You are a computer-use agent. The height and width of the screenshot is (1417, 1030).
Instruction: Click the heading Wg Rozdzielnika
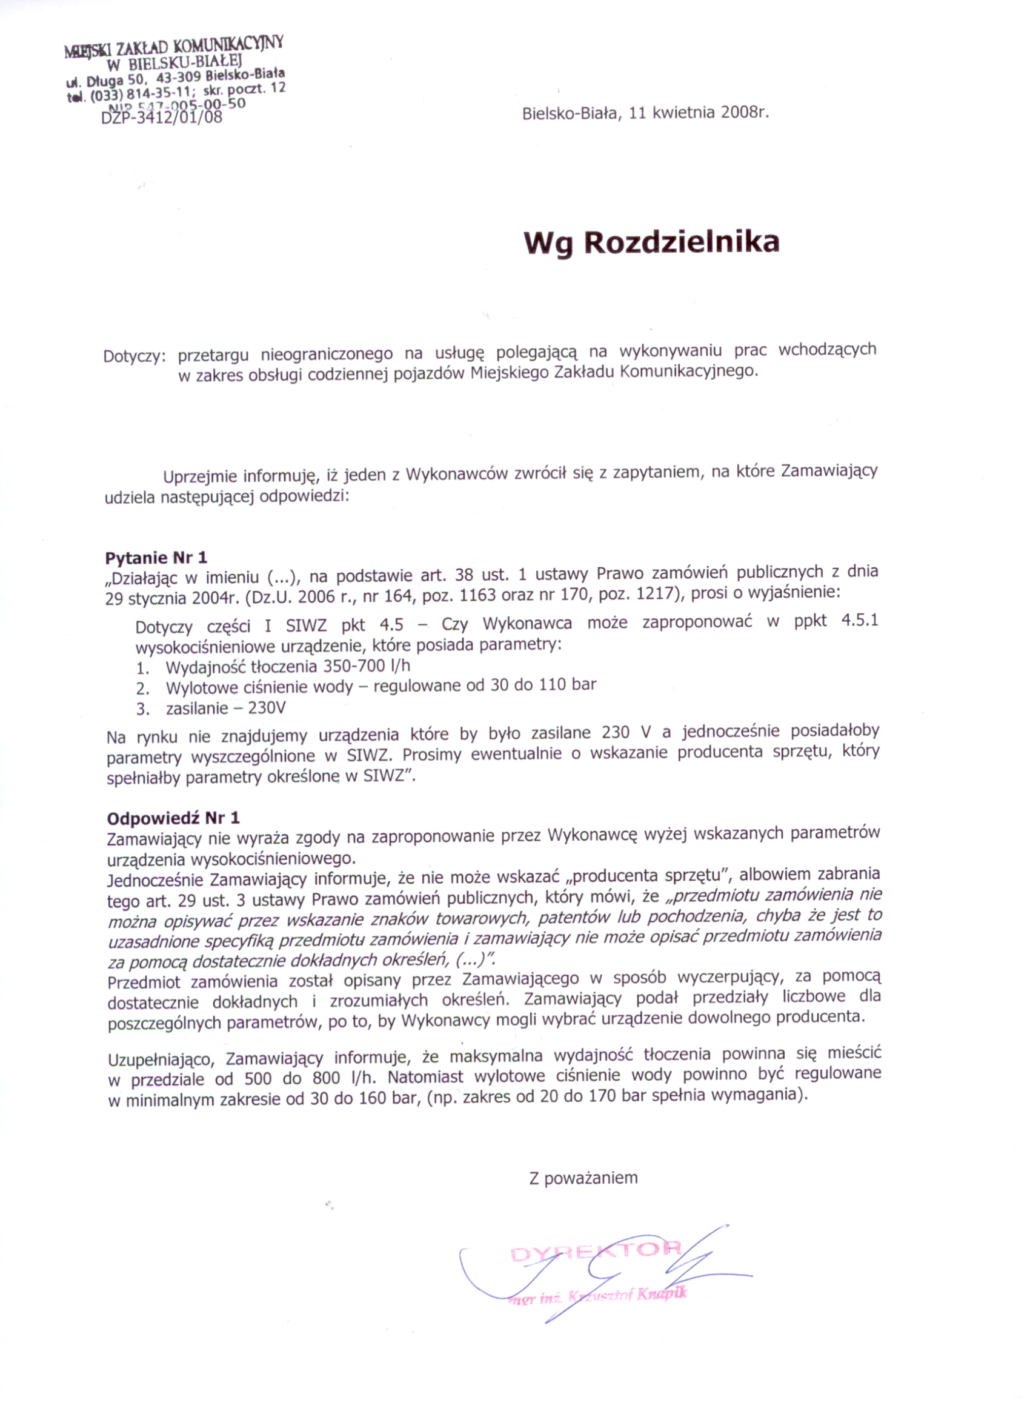651,243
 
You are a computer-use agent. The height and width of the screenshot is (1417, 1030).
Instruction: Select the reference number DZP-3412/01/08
162,117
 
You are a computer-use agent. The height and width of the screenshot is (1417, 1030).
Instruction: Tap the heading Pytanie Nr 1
156,558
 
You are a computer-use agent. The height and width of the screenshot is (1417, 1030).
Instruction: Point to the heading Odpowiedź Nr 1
173,818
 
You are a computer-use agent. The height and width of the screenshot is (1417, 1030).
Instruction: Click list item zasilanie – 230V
225,708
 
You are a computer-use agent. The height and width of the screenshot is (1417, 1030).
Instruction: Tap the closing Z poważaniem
583,1178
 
